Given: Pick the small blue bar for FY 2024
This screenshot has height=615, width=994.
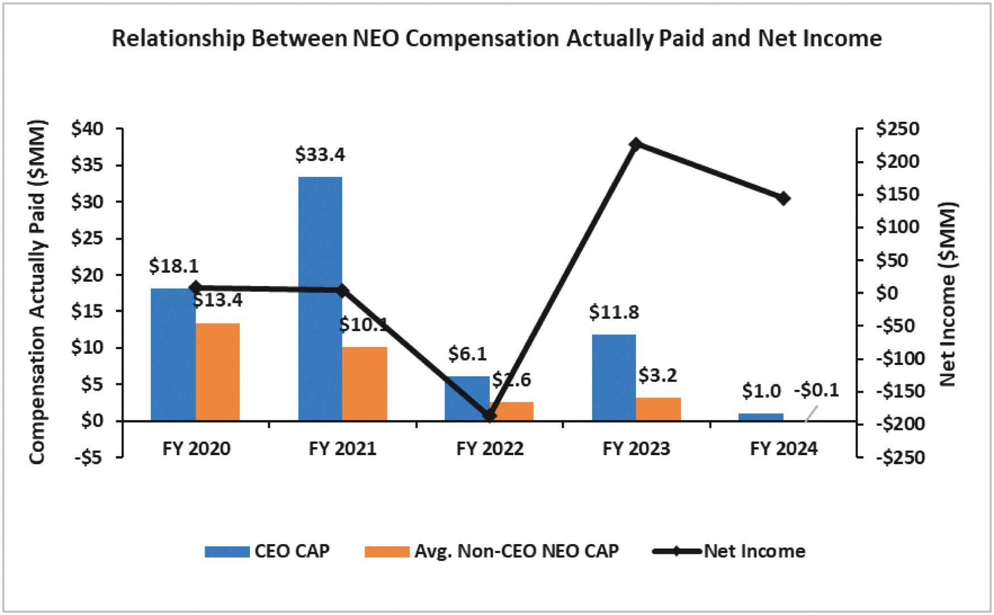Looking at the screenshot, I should [x=761, y=417].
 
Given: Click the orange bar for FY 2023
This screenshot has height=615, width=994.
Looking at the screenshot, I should [x=658, y=409].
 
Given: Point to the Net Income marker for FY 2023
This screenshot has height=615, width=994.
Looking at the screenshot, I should [x=636, y=144].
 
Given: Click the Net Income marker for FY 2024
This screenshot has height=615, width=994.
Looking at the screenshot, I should [x=783, y=198].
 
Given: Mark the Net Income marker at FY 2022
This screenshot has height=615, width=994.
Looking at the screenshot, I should [x=490, y=415].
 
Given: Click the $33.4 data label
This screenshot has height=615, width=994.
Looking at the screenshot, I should [x=320, y=154].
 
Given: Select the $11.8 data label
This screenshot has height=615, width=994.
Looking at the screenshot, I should [x=614, y=312].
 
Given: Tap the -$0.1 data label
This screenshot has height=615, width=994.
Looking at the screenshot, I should [x=816, y=390].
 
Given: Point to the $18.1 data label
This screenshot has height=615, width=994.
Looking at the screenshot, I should [x=173, y=265].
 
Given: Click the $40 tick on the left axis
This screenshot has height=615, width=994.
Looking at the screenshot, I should [x=88, y=129].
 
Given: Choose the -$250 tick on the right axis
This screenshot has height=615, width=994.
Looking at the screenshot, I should [x=900, y=457].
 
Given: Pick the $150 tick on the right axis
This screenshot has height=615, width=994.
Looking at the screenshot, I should [x=898, y=194].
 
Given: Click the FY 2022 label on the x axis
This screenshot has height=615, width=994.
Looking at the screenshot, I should [x=490, y=449].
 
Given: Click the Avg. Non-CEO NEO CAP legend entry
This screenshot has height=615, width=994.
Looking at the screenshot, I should [x=492, y=551].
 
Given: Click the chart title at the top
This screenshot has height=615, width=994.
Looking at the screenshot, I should [x=496, y=39].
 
